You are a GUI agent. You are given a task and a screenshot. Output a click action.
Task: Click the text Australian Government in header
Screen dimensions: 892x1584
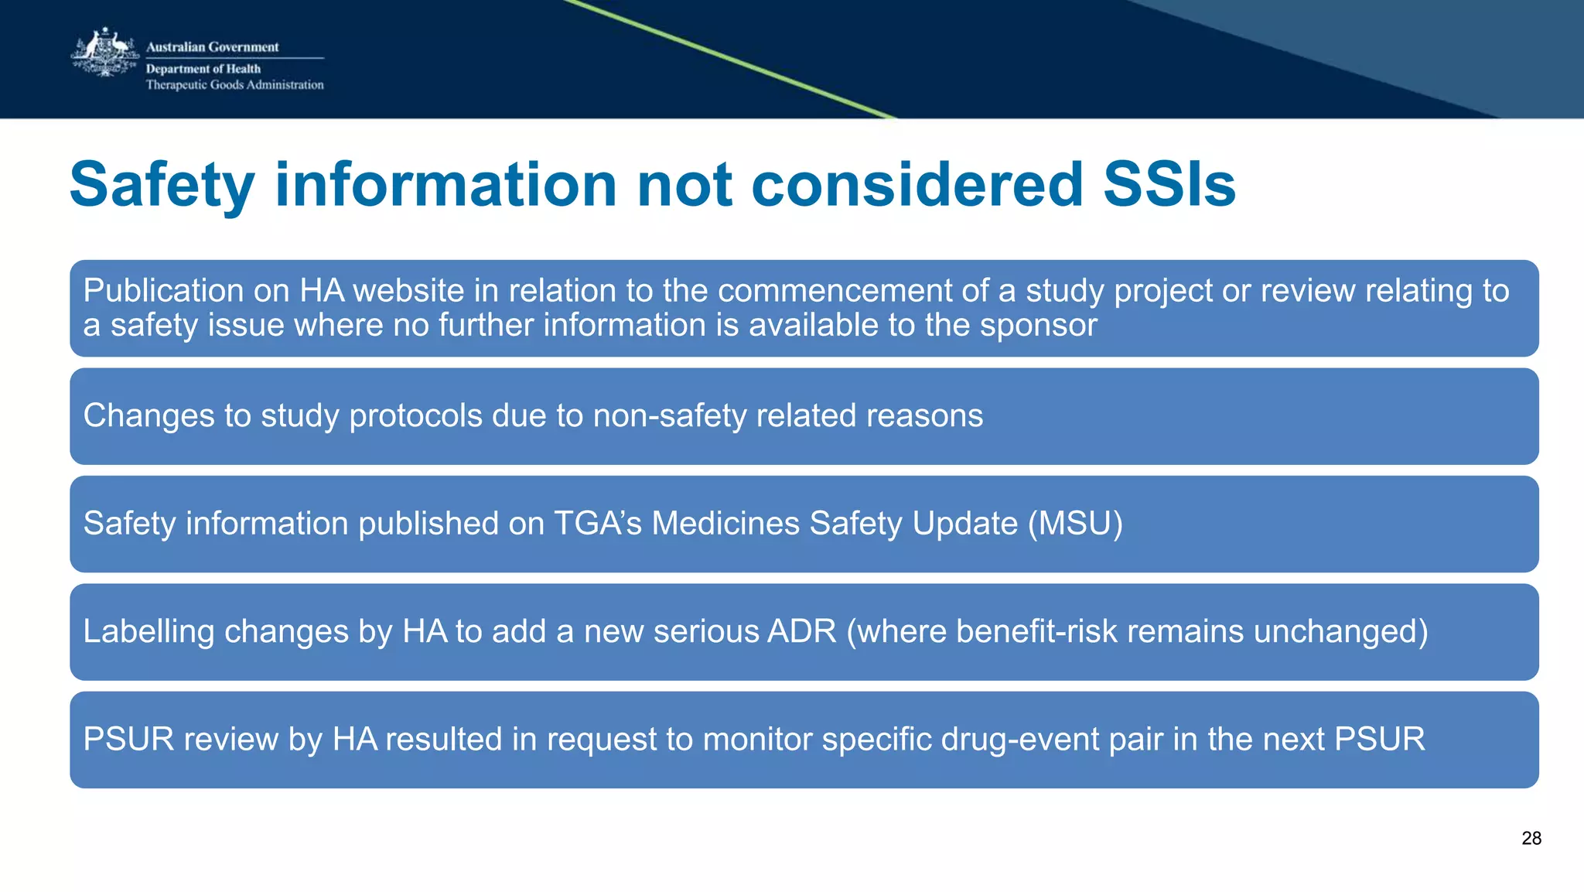click(x=212, y=46)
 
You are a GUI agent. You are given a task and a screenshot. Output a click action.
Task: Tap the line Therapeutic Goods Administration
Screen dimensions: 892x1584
click(x=234, y=85)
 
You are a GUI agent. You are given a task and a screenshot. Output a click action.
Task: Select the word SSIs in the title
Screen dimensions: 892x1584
click(x=1169, y=185)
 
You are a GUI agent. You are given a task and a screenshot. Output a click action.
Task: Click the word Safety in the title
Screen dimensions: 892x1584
click(x=162, y=185)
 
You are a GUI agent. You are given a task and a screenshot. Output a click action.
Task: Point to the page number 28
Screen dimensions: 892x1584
click(x=1531, y=839)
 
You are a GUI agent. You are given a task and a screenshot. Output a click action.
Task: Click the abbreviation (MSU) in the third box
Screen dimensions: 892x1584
click(x=1075, y=524)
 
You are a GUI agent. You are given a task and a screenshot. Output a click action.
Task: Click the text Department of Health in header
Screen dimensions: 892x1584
click(x=203, y=69)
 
